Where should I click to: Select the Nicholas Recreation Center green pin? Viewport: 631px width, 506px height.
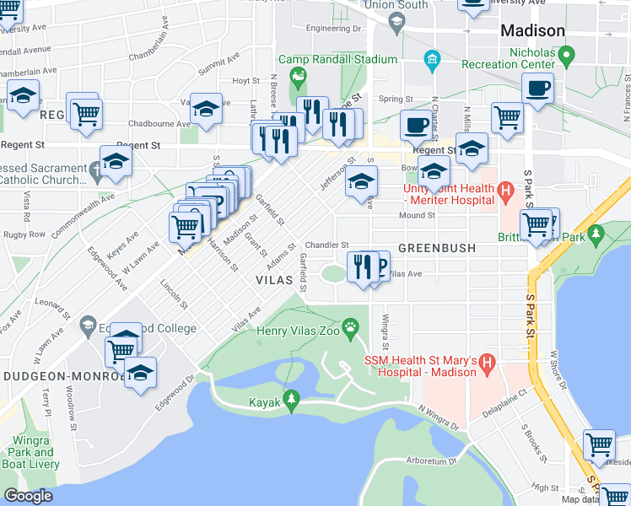567,57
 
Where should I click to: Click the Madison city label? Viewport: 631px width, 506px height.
532,30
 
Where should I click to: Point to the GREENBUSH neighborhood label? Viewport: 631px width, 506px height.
437,249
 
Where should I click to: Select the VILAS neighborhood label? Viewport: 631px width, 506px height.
276,278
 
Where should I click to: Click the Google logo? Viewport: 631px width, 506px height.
28,496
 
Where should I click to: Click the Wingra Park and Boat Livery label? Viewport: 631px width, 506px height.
31,452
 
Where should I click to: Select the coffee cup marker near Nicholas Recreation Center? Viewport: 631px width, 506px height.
537,88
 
